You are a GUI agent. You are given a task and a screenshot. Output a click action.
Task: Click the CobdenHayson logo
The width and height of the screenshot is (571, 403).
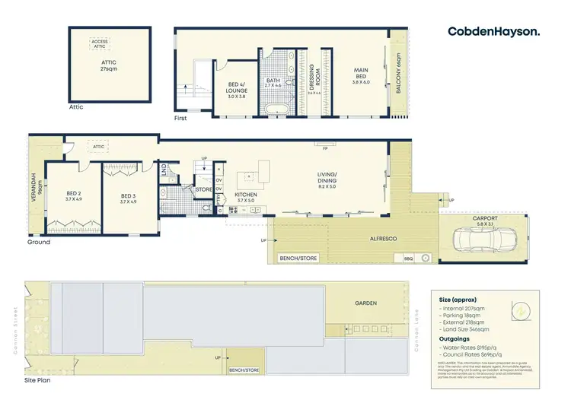[494, 31]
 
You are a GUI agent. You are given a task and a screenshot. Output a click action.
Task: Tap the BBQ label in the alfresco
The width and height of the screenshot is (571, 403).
[407, 259]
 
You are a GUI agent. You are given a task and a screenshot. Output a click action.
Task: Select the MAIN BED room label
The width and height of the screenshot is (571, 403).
[361, 75]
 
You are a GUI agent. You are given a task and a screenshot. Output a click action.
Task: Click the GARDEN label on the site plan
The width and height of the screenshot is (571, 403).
[366, 303]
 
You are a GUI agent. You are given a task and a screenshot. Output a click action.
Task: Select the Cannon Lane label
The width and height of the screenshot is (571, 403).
[416, 326]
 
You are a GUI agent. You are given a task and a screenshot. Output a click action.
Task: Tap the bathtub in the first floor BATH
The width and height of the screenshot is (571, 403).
[275, 110]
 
